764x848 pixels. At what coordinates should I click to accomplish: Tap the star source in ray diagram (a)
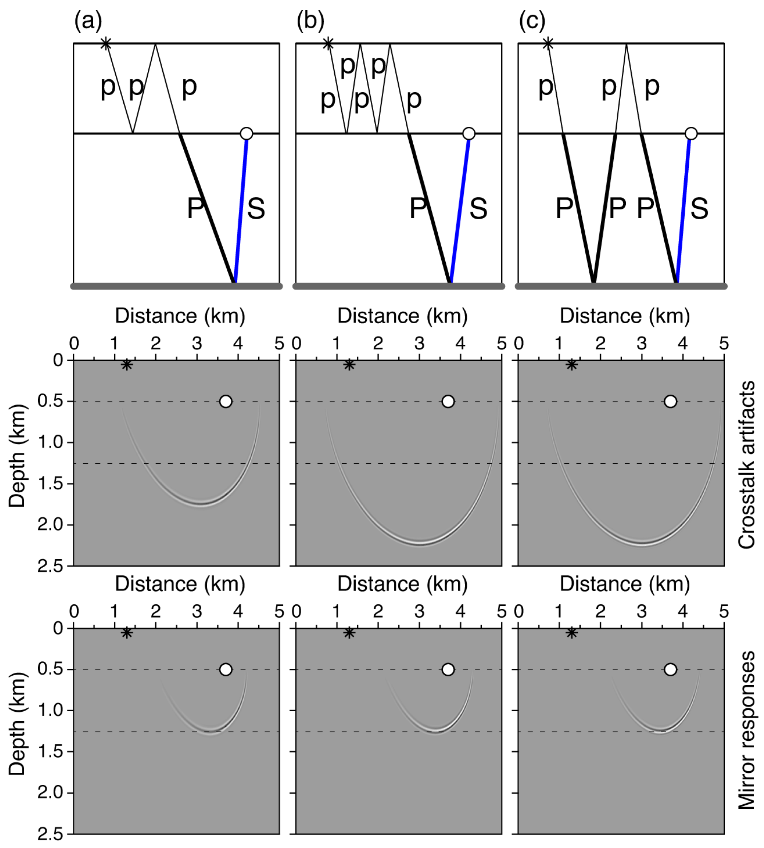[106, 43]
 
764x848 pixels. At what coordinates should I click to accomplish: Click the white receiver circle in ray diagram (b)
[469, 133]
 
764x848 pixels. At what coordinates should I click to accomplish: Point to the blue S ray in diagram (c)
[683, 208]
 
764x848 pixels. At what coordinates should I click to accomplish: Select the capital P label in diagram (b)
[418, 208]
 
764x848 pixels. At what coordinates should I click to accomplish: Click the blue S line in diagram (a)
[241, 208]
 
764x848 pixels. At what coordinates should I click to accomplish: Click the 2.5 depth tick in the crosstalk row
[50, 567]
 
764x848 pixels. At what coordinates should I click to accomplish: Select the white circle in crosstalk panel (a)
[226, 401]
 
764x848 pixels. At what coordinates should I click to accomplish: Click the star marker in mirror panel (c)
[571, 633]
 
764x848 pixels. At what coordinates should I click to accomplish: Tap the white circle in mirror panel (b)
[448, 669]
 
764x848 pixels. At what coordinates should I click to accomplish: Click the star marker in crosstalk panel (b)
[349, 365]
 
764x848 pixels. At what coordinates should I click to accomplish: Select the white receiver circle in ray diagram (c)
[691, 133]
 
